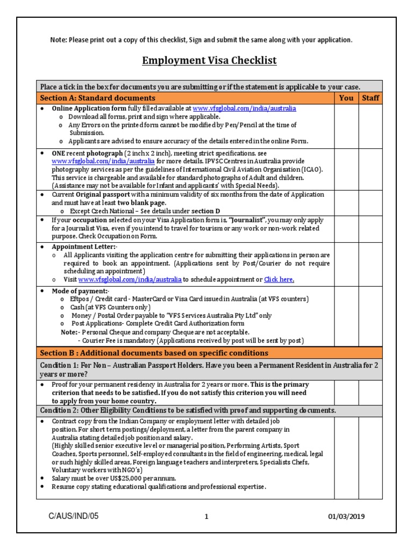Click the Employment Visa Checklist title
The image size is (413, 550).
(209, 60)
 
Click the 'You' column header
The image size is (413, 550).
(346, 98)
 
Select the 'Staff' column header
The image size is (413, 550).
(370, 98)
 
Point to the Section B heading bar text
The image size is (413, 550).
(154, 353)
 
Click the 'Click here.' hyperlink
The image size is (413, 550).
(279, 279)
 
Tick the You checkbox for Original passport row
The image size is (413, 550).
(346, 202)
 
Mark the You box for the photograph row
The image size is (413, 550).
(346, 169)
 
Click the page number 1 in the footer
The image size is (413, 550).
(206, 517)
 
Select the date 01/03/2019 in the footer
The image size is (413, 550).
(346, 517)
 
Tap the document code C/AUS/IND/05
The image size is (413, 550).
(73, 516)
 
